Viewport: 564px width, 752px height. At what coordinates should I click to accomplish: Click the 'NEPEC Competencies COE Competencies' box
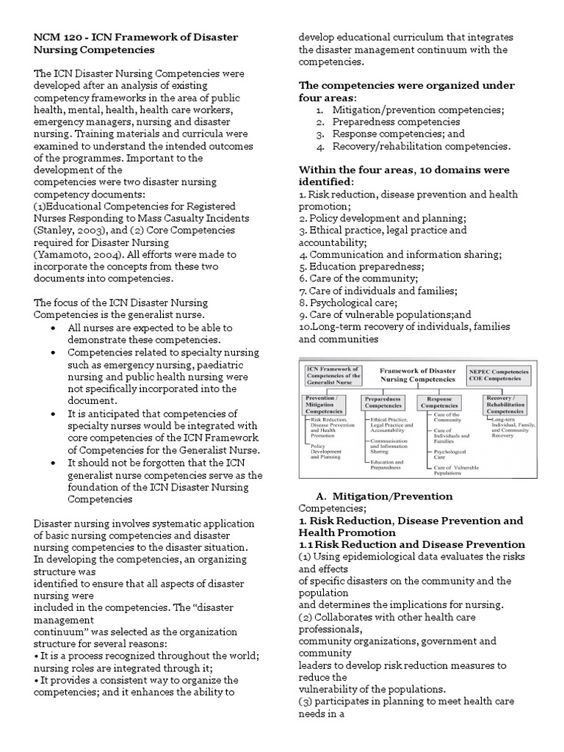tap(496, 375)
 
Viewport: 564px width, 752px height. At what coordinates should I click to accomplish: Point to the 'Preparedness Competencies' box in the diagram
tap(383, 402)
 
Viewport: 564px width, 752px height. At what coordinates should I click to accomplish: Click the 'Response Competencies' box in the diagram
tap(439, 402)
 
